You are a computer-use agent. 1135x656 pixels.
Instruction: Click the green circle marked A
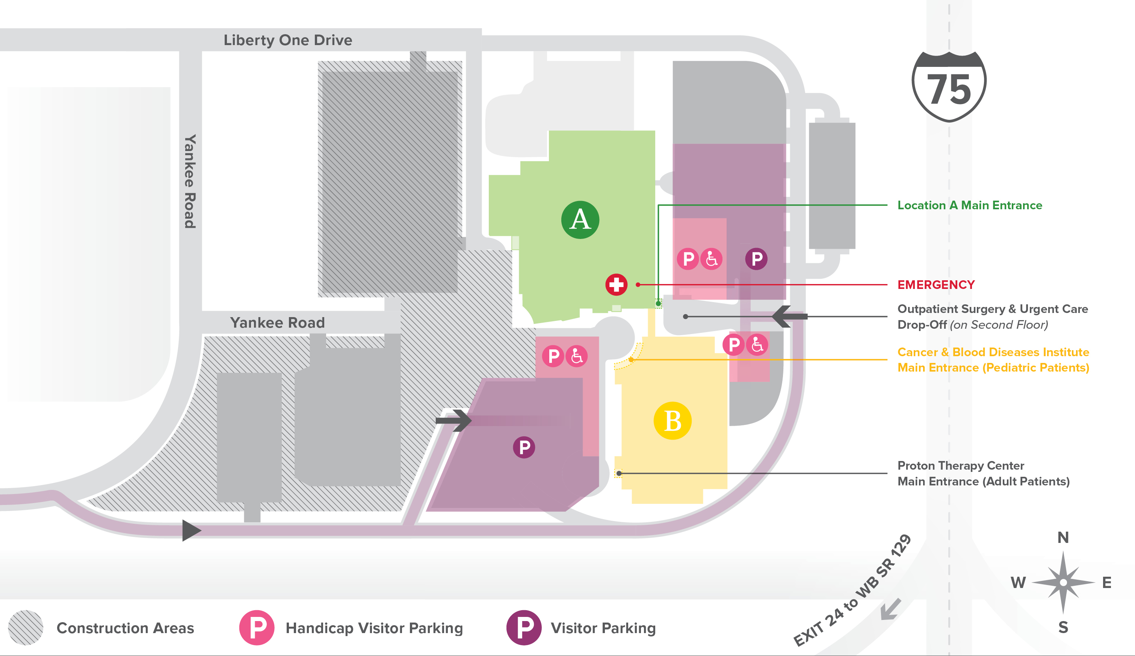(580, 220)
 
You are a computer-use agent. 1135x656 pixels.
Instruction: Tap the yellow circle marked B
(673, 421)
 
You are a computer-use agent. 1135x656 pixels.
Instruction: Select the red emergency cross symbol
(616, 285)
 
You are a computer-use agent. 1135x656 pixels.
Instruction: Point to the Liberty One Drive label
(288, 40)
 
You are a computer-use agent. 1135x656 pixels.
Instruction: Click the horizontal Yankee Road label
(277, 323)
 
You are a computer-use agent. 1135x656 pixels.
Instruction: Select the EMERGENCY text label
(936, 285)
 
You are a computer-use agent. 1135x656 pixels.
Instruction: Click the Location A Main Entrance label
(970, 206)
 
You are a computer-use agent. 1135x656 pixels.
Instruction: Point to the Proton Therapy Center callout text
(983, 473)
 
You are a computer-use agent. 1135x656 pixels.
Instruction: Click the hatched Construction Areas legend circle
(26, 627)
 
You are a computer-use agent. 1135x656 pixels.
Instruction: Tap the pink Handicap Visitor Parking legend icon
(257, 627)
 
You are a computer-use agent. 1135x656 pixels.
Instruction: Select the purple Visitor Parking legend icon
(524, 627)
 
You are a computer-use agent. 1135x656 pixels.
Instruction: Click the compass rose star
(1063, 583)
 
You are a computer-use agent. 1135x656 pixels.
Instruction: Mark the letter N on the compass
(1063, 538)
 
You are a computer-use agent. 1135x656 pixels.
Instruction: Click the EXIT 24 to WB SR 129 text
(852, 591)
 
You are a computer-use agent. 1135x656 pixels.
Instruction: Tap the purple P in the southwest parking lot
(524, 447)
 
